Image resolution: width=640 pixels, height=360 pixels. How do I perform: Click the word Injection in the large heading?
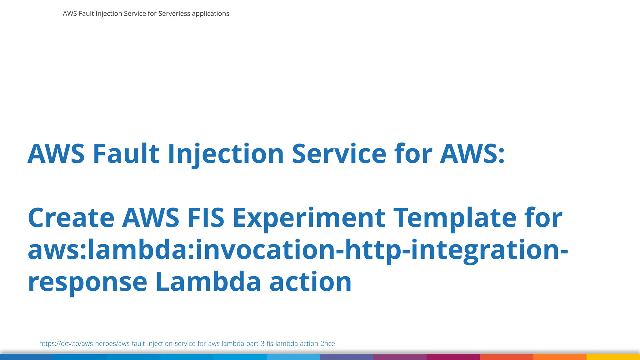click(x=226, y=154)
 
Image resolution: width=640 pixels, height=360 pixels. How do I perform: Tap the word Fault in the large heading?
click(x=126, y=154)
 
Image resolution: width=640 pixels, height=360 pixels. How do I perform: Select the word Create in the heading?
click(x=71, y=218)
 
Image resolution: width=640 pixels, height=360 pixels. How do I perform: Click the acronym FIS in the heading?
click(x=206, y=218)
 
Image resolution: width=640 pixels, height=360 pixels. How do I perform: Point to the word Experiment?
click(x=309, y=218)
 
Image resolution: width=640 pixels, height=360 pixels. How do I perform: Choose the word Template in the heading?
click(x=455, y=218)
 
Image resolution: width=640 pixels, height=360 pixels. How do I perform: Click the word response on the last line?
click(x=87, y=282)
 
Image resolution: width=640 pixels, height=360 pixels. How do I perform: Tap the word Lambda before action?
click(x=208, y=282)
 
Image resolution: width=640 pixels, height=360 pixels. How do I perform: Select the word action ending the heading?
click(x=310, y=282)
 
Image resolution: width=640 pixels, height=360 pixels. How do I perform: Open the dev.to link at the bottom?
click(x=187, y=343)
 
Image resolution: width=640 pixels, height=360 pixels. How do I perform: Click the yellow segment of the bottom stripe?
click(x=613, y=357)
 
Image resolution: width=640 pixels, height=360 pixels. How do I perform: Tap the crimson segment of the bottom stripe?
click(x=453, y=357)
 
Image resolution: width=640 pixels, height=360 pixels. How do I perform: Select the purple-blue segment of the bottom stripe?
click(x=346, y=357)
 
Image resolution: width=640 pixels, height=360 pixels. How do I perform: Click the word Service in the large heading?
click(x=339, y=154)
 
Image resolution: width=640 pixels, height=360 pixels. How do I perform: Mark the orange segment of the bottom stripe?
click(x=560, y=357)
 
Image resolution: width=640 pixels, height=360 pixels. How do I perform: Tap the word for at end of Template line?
click(x=543, y=218)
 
